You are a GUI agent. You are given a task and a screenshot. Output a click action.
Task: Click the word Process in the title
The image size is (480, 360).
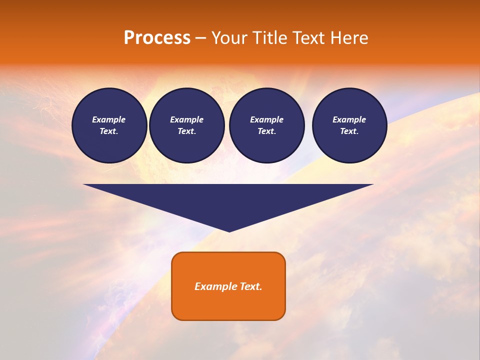157,38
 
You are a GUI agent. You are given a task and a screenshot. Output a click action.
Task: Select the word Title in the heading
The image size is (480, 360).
270,38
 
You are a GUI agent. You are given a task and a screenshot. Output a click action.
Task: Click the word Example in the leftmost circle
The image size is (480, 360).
109,119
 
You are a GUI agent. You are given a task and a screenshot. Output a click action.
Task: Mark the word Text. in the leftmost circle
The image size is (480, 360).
109,131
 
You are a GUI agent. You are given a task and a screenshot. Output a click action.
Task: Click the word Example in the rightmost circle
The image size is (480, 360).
349,119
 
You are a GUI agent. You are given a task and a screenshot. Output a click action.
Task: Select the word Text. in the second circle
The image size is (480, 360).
186,131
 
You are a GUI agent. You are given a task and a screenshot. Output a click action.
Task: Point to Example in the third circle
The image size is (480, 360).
266,119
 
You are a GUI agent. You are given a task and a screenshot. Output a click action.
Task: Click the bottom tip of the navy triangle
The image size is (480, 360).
229,230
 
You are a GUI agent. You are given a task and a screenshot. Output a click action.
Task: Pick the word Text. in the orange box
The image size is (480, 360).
251,286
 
